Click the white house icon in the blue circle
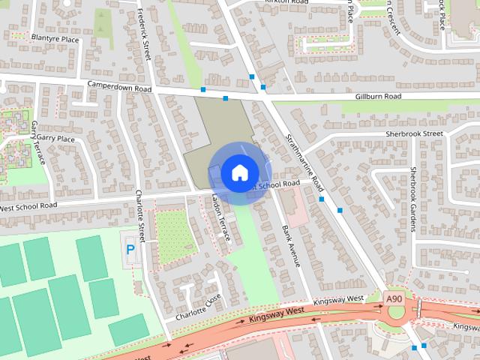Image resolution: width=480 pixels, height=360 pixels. coord(238,172)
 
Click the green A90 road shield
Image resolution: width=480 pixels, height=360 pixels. coord(395,299)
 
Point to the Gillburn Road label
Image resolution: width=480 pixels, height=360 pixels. coord(379,97)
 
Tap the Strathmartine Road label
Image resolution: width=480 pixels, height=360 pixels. coord(304,161)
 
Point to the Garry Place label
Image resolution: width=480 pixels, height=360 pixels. coord(55,139)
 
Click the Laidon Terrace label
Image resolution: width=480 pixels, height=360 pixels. coord(221,217)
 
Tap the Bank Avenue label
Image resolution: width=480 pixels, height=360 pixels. coord(291,245)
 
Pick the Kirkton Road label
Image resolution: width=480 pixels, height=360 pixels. coord(287,3)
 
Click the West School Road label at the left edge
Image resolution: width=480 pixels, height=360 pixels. coord(28,206)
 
